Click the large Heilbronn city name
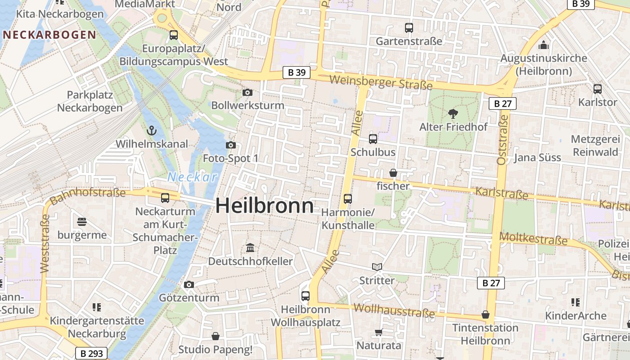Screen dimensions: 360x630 265,206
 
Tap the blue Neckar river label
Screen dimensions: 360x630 193,177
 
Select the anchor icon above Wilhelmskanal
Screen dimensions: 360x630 152,131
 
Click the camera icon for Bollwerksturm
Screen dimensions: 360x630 247,93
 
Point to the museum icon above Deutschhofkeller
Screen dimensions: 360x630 250,248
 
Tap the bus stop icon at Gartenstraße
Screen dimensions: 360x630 409,28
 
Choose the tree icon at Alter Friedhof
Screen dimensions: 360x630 453,114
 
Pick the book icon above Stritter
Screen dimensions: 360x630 377,267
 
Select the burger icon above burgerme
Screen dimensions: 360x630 81,221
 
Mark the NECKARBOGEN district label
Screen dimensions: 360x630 49,35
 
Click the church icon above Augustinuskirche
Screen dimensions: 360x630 544,45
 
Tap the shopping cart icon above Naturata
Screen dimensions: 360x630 378,333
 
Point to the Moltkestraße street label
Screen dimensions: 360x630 533,238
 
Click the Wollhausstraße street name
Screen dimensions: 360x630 394,310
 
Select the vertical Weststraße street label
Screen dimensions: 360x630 45,243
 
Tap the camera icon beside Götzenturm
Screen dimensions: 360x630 189,284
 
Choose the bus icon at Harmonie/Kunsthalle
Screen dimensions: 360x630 347,198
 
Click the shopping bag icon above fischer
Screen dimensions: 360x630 393,173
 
